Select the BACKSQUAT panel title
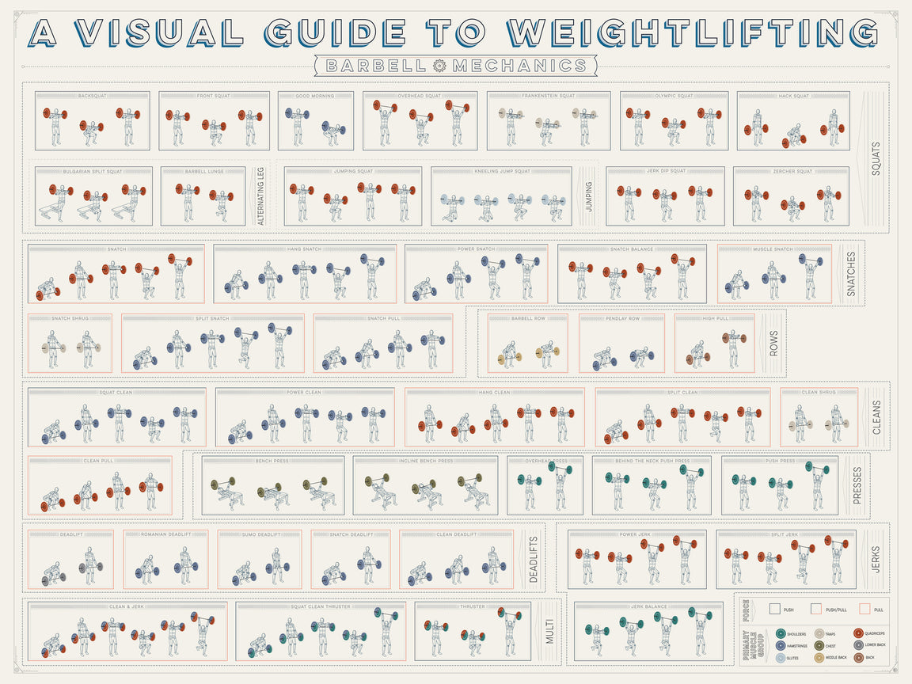tap(93, 97)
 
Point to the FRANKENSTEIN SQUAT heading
tap(548, 97)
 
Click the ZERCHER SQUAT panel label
tap(792, 172)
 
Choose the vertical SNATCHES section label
tap(852, 274)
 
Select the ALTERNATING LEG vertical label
tap(259, 196)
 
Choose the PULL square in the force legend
tap(864, 610)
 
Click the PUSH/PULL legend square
tap(815, 610)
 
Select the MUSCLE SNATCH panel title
tap(773, 249)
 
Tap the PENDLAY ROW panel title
tap(623, 319)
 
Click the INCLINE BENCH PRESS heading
tap(426, 461)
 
